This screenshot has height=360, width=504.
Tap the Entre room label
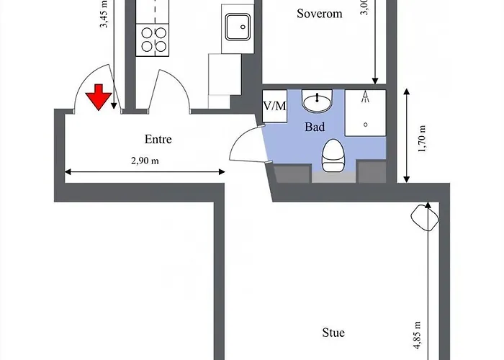158,140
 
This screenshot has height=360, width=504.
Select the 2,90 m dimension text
145,161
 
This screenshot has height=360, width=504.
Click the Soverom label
319,14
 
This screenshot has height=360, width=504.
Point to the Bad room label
315,127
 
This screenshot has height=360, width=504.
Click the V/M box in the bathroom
274,106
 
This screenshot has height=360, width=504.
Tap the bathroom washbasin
318,103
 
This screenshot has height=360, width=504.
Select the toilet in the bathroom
332,156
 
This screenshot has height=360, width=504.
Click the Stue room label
333,333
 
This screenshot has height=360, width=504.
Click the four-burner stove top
152,39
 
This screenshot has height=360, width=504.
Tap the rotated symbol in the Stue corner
424,217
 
